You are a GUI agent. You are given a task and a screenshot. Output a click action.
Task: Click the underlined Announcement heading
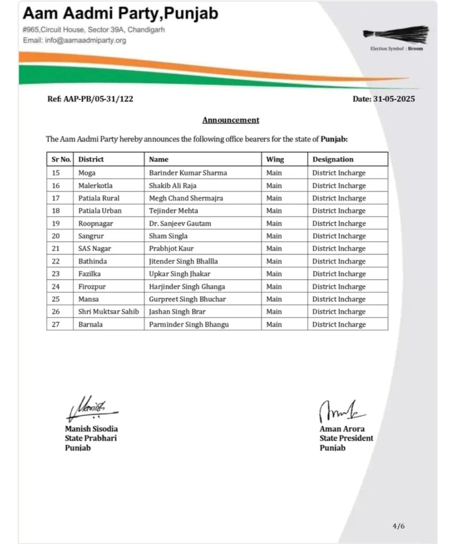coord(231,120)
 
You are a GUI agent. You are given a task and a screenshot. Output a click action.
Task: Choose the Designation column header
coord(333,159)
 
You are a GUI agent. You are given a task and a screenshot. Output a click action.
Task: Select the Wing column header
coord(275,159)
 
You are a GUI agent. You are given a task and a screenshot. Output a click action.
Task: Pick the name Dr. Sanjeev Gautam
coord(180,224)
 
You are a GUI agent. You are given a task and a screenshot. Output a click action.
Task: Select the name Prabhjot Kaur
coord(171,249)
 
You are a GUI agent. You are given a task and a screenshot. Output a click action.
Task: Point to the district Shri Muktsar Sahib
coord(108,312)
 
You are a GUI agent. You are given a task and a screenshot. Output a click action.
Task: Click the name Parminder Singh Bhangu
coord(189,325)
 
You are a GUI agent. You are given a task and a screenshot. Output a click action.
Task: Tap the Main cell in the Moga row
coord(274,173)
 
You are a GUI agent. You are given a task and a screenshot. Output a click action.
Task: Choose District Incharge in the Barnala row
coord(339,325)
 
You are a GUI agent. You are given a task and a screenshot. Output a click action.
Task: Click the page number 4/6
coord(399,526)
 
